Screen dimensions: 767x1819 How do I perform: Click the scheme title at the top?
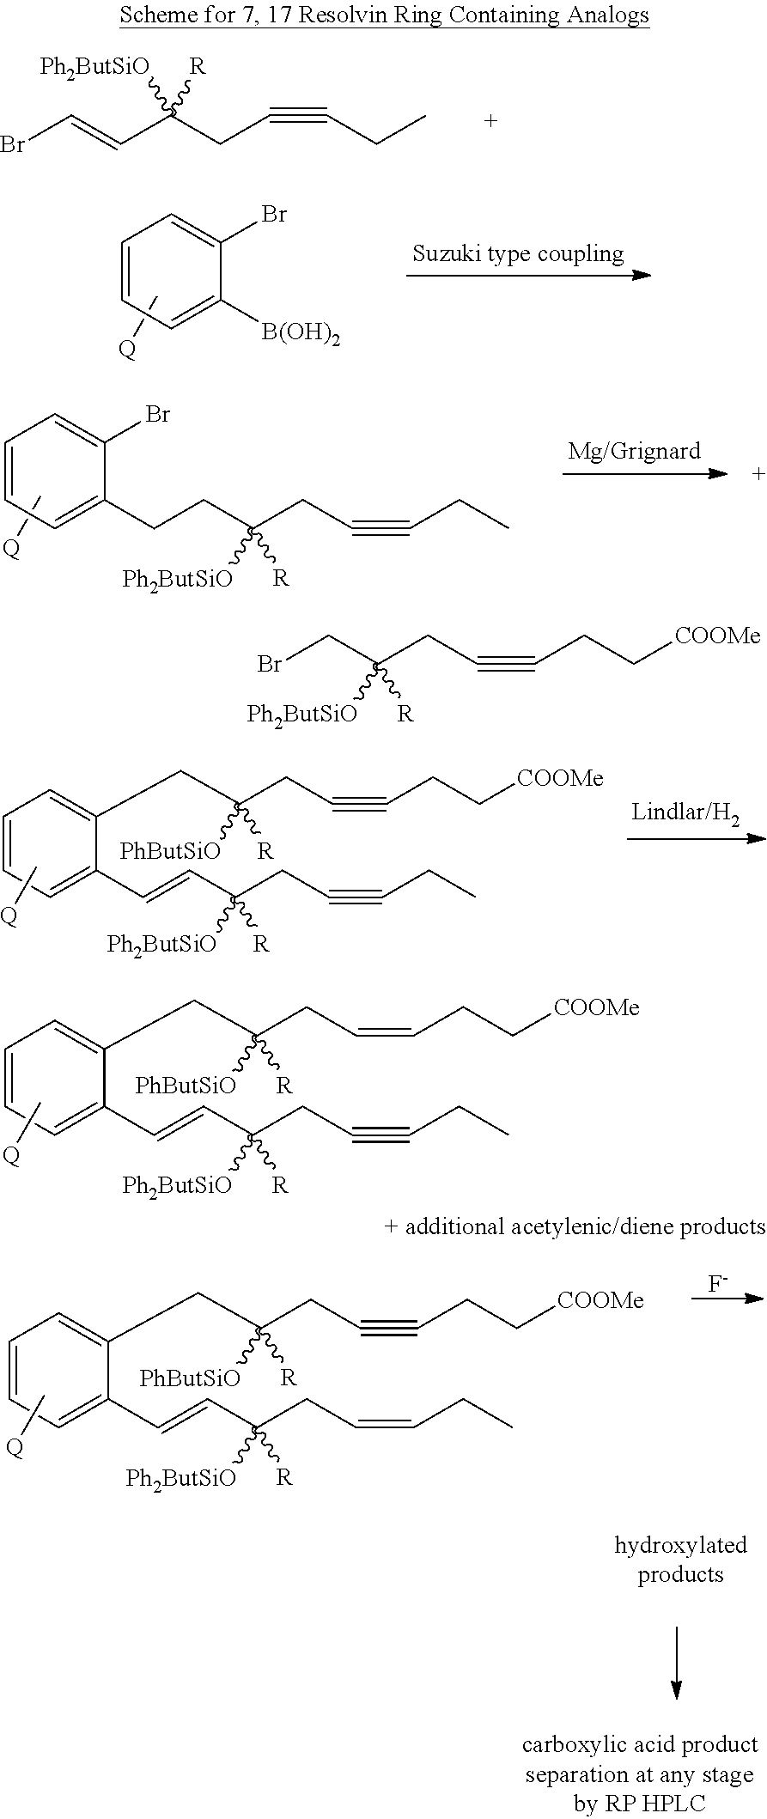click(x=384, y=15)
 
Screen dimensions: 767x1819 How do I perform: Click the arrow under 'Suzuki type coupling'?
click(x=529, y=275)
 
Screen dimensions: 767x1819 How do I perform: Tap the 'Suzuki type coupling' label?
click(x=518, y=253)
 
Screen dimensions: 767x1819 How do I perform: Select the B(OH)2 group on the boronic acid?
click(x=301, y=333)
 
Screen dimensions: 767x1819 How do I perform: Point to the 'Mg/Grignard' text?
click(x=634, y=451)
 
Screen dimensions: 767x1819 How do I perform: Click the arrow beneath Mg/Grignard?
click(x=645, y=473)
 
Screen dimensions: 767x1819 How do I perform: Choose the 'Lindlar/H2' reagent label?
click(x=685, y=812)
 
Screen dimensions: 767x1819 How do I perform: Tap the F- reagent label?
click(x=718, y=1285)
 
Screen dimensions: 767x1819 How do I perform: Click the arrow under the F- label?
click(x=727, y=1298)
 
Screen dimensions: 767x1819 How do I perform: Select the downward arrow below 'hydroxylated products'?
click(x=676, y=1663)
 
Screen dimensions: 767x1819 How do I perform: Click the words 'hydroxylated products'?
click(x=680, y=1560)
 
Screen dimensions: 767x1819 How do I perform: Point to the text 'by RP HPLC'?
click(x=640, y=1804)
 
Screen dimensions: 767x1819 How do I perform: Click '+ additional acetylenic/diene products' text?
click(x=574, y=1226)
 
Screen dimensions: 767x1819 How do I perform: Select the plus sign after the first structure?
click(x=490, y=121)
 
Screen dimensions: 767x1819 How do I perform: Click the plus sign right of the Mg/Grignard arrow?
click(x=758, y=473)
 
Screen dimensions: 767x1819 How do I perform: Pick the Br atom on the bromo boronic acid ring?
click(x=274, y=214)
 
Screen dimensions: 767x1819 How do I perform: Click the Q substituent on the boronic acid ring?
click(x=127, y=350)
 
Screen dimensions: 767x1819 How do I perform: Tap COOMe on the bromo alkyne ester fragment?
click(x=718, y=636)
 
